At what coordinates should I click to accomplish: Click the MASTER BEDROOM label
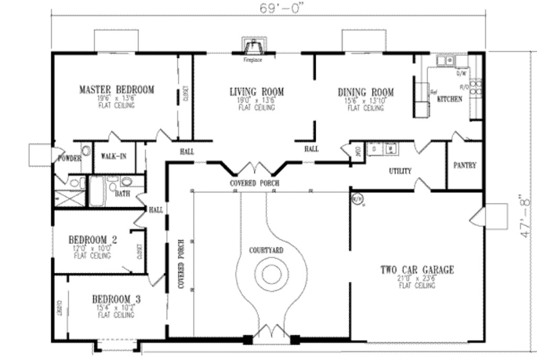pyautogui.click(x=116, y=90)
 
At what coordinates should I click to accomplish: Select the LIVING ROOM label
pyautogui.click(x=256, y=92)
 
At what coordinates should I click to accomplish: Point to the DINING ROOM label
pyautogui.click(x=366, y=93)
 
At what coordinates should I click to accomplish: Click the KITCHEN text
pyautogui.click(x=450, y=99)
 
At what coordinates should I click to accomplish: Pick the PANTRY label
pyautogui.click(x=465, y=165)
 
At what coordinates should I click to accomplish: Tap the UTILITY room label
pyautogui.click(x=400, y=171)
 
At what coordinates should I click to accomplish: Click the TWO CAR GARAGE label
pyautogui.click(x=417, y=270)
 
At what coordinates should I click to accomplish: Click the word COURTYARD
pyautogui.click(x=266, y=250)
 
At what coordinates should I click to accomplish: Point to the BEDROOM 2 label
pyautogui.click(x=93, y=240)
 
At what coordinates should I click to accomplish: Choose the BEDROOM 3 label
pyautogui.click(x=116, y=299)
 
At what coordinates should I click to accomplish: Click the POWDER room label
pyautogui.click(x=69, y=158)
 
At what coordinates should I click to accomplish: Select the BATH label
pyautogui.click(x=122, y=194)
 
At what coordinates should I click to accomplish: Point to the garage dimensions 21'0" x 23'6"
pyautogui.click(x=417, y=279)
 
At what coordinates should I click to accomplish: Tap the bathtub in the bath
pyautogui.click(x=97, y=192)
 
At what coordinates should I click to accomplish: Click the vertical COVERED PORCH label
pyautogui.click(x=180, y=264)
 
